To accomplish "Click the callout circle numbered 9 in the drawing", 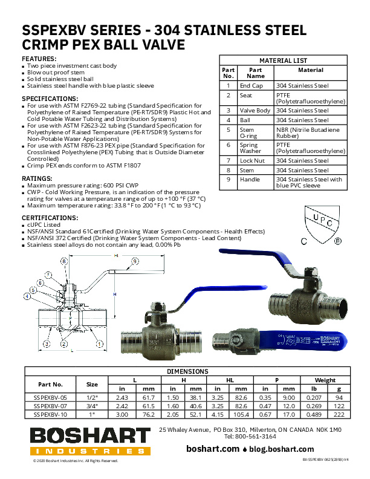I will (x=134, y=261).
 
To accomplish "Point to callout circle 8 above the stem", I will (x=64, y=261).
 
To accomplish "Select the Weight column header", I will (x=325, y=380).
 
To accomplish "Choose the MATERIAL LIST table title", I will (x=283, y=60).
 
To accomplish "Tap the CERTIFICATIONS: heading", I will (x=50, y=217).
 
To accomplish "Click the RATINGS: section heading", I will (x=37, y=178).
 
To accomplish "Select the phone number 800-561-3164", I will (x=263, y=435).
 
